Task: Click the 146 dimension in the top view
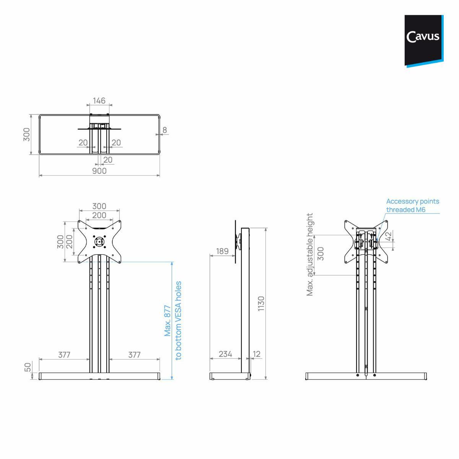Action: point(99,101)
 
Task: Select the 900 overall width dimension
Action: point(99,171)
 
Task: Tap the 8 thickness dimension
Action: point(165,130)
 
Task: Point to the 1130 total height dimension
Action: point(261,303)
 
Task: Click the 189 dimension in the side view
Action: point(222,251)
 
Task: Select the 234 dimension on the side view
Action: point(225,354)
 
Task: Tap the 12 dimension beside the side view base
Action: point(257,354)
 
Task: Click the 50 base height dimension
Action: point(28,368)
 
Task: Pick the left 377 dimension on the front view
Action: point(64,355)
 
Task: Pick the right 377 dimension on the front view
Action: point(134,355)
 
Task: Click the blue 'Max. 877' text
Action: point(168,321)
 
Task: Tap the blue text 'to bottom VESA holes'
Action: point(178,321)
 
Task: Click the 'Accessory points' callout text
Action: point(412,201)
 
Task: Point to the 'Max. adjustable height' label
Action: point(310,254)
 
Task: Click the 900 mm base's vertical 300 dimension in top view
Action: point(27,134)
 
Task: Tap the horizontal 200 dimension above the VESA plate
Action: point(99,215)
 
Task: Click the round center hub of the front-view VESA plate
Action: point(99,241)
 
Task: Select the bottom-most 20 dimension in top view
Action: point(108,160)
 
